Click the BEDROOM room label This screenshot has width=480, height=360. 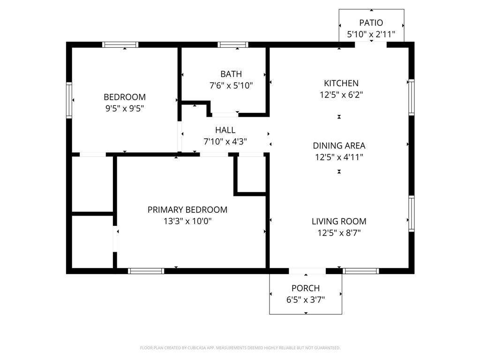(x=125, y=97)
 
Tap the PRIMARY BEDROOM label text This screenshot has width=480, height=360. (x=187, y=210)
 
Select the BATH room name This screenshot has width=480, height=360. (x=231, y=74)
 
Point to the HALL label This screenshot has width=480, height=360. (x=225, y=130)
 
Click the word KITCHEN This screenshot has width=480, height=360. (x=341, y=83)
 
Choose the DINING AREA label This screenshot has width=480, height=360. (x=339, y=146)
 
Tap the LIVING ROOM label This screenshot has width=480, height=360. (x=339, y=221)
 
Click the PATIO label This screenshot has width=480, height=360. (x=371, y=22)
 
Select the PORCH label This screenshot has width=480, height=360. (x=306, y=288)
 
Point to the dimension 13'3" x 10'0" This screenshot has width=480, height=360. (x=187, y=221)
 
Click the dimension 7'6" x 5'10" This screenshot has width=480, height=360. (x=231, y=85)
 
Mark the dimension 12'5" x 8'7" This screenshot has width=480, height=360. (x=339, y=233)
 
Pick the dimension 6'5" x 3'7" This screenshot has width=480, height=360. (x=306, y=300)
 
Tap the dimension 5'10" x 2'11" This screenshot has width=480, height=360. (x=371, y=34)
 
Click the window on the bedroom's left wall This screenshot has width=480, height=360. (x=69, y=100)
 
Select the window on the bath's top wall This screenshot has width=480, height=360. (x=233, y=45)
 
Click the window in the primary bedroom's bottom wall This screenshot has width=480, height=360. (x=146, y=271)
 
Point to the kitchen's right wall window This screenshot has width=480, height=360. (x=412, y=97)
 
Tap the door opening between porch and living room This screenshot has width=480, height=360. (x=307, y=271)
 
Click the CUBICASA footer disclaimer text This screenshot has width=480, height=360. (x=240, y=348)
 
